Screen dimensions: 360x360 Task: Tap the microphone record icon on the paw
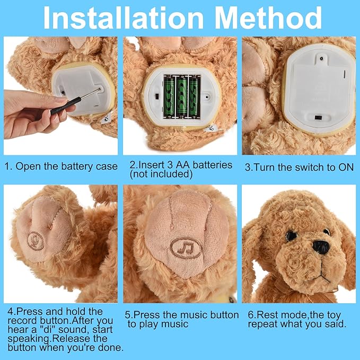[x=37, y=240]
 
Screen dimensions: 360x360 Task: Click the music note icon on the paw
[x=186, y=248]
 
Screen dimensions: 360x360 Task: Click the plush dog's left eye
[x=291, y=236]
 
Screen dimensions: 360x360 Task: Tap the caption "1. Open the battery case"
[x=61, y=166]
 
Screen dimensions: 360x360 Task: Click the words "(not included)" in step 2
[x=161, y=174]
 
